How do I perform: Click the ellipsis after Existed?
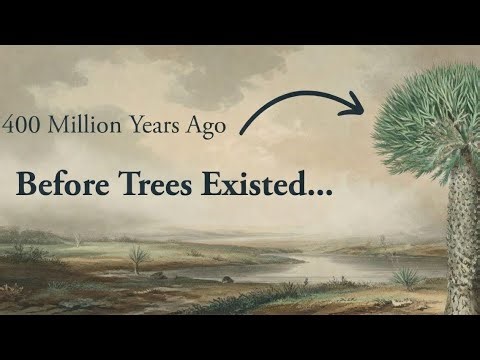tap(320, 192)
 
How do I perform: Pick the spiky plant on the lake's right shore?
tap(405, 276)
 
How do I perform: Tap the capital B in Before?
tap(25, 185)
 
